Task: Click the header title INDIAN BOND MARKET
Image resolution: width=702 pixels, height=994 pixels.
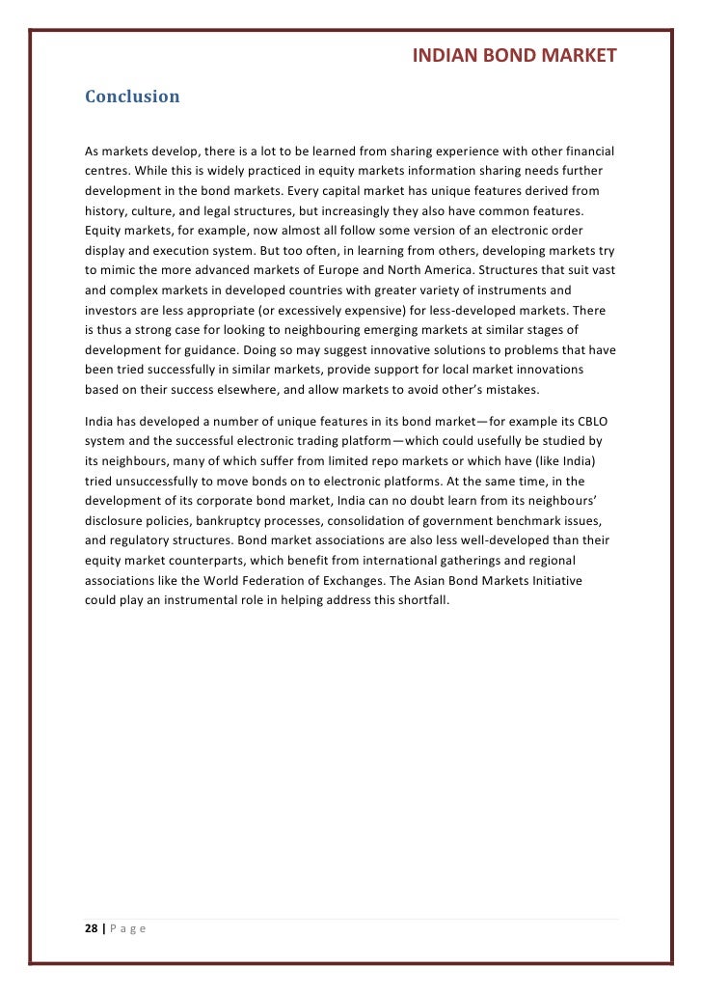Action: [514, 56]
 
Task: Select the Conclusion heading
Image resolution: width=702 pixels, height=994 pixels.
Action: [132, 97]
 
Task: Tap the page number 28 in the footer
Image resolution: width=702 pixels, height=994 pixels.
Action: [92, 929]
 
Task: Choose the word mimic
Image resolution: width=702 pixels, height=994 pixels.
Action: [124, 270]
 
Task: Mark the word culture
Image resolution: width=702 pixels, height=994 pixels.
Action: [149, 210]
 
